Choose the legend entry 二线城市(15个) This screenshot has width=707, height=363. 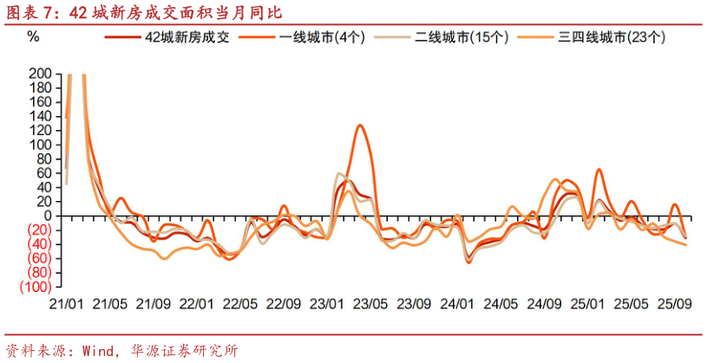465,38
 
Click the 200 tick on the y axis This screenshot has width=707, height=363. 40,75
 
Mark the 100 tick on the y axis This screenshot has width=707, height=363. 40,145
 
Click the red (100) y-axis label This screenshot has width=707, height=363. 35,286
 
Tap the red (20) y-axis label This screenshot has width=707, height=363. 37,230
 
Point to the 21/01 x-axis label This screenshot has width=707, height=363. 66,304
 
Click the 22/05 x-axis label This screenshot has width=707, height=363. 239,304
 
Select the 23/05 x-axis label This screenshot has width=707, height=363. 370,304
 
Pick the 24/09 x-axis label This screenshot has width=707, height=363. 544,304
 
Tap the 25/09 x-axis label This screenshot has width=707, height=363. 674,304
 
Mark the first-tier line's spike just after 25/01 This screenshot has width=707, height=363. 599,170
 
